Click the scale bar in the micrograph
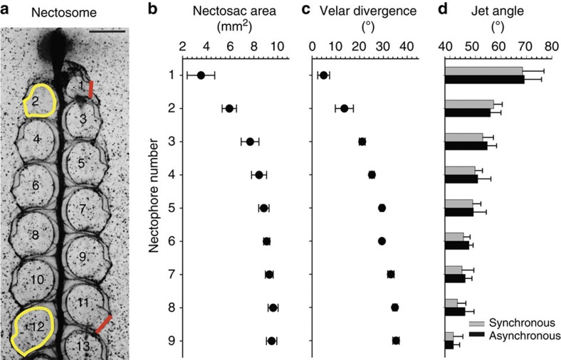point(110,31)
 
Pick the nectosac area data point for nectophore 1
point(201,75)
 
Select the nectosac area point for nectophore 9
point(271,341)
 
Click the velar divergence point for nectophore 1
point(323,75)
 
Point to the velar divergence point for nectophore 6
point(382,241)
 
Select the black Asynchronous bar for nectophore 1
point(484,79)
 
